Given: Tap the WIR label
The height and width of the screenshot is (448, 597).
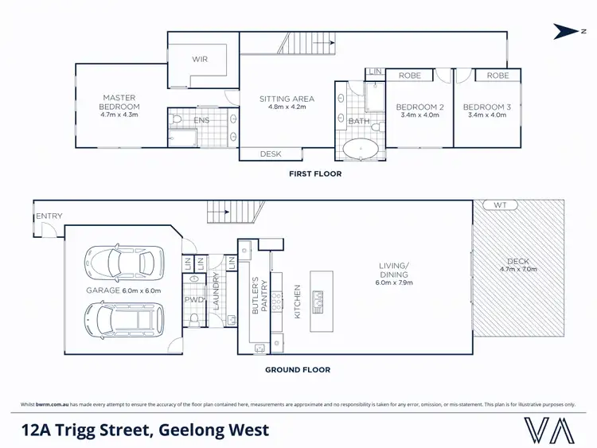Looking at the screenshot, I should tap(200, 59).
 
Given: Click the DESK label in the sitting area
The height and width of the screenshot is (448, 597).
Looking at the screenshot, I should tap(271, 154).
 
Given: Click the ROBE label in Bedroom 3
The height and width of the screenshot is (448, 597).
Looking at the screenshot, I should tap(497, 76).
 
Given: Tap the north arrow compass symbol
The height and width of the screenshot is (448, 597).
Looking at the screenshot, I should tap(566, 32).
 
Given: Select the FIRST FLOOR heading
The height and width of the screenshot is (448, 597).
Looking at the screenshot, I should tap(315, 173).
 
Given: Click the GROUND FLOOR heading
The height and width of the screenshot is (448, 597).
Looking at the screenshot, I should tap(298, 369).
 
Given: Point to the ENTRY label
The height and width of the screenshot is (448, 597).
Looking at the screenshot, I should tap(48, 216).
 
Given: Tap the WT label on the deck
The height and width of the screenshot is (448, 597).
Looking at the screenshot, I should tap(500, 205).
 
